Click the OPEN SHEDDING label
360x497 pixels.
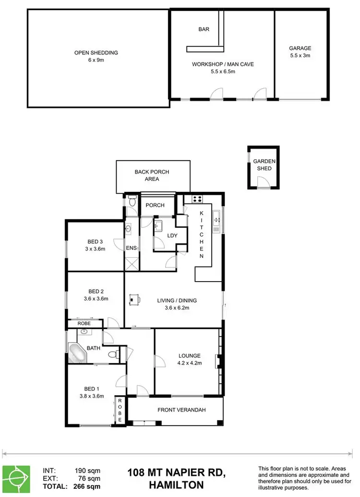pyautogui.click(x=96, y=57)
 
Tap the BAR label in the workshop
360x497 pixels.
pyautogui.click(x=204, y=29)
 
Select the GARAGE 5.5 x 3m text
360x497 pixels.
pyautogui.click(x=300, y=52)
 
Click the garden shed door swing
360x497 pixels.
pyautogui.click(x=263, y=181)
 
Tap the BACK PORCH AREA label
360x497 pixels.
pyautogui.click(x=152, y=176)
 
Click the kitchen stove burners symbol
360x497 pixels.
pyautogui.click(x=196, y=199)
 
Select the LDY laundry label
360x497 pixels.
pyautogui.click(x=172, y=236)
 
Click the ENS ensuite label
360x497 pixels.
pyautogui.click(x=131, y=248)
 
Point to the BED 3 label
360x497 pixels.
pyautogui.click(x=95, y=245)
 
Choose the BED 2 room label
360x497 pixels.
pyautogui.click(x=96, y=295)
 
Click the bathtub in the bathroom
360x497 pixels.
pyautogui.click(x=77, y=353)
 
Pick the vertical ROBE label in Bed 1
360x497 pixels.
pyautogui.click(x=120, y=410)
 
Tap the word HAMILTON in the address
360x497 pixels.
pyautogui.click(x=176, y=485)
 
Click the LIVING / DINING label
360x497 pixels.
pyautogui.click(x=177, y=304)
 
